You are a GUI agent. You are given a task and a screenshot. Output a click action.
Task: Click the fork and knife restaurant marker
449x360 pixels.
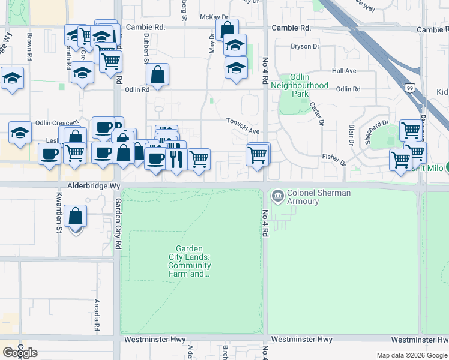point(176,159)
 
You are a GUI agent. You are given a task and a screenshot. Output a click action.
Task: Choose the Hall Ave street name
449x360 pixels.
point(344,71)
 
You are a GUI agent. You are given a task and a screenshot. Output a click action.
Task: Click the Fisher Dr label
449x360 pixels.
point(334,158)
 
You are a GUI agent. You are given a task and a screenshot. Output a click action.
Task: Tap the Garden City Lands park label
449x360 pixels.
point(189,261)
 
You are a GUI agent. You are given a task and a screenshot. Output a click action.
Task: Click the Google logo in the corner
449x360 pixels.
point(20,353)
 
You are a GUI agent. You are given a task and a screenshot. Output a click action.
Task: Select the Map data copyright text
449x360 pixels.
point(411,355)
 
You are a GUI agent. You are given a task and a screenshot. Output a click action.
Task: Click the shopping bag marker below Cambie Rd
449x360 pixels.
point(228,30)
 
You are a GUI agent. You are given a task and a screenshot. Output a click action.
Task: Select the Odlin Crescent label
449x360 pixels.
point(57,122)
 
